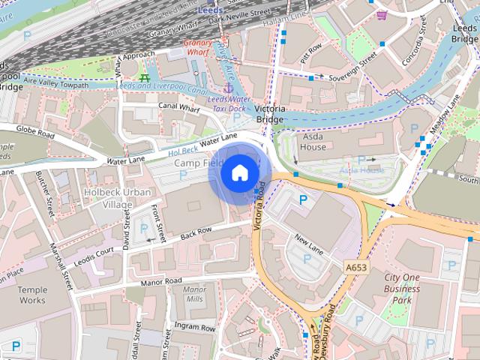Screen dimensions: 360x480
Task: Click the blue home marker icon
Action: [239, 173]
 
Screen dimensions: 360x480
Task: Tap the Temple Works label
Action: [32, 295]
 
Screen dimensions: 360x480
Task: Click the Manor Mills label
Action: [194, 294]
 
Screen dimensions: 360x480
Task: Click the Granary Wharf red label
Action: [199, 47]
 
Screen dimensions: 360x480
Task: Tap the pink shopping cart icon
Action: [382, 15]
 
